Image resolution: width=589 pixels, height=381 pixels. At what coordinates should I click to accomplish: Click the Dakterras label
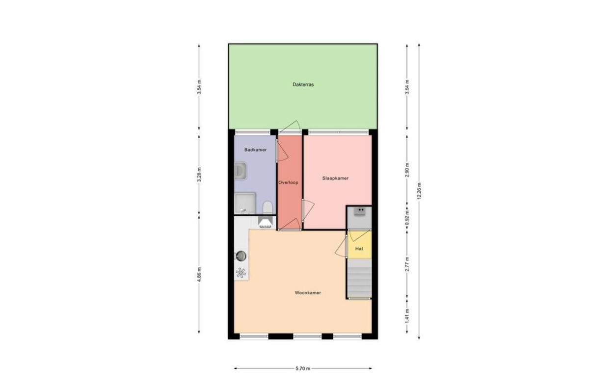coord(303,85)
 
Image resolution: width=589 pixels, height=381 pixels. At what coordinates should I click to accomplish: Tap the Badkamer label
coord(255,150)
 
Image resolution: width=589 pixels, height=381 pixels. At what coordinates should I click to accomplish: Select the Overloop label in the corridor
coord(288,182)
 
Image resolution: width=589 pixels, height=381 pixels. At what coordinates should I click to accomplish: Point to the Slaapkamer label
coord(335,178)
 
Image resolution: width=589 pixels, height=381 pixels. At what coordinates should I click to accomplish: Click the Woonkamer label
coord(308,293)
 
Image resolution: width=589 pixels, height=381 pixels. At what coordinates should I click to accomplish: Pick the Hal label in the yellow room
coord(359,249)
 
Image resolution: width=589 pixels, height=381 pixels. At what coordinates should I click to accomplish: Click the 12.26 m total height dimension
coord(419,191)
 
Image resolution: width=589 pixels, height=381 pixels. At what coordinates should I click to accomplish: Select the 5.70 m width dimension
coord(303,368)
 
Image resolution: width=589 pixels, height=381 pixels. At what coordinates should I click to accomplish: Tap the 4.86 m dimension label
coord(199,274)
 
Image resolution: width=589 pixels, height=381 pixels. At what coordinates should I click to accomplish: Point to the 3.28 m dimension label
coord(199,175)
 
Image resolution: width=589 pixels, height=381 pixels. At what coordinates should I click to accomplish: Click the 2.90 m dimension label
coord(407,170)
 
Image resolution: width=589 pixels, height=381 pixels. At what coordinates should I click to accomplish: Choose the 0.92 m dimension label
coord(407,218)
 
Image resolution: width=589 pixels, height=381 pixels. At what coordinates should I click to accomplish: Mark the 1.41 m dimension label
coord(407,317)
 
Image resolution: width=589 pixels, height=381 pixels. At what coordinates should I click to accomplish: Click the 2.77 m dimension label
coord(407,265)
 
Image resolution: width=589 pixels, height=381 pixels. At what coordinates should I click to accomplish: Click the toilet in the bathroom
coord(268,207)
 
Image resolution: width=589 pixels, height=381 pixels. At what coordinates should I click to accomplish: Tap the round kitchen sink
coord(241,255)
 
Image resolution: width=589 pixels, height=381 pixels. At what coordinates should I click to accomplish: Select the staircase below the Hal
coord(359,279)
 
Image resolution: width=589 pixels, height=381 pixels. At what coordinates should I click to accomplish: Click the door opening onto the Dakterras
coord(290,127)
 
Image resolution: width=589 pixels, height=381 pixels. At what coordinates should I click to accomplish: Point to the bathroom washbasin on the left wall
coord(240,171)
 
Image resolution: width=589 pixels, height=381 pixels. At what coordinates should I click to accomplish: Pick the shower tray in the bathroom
coord(245,203)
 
